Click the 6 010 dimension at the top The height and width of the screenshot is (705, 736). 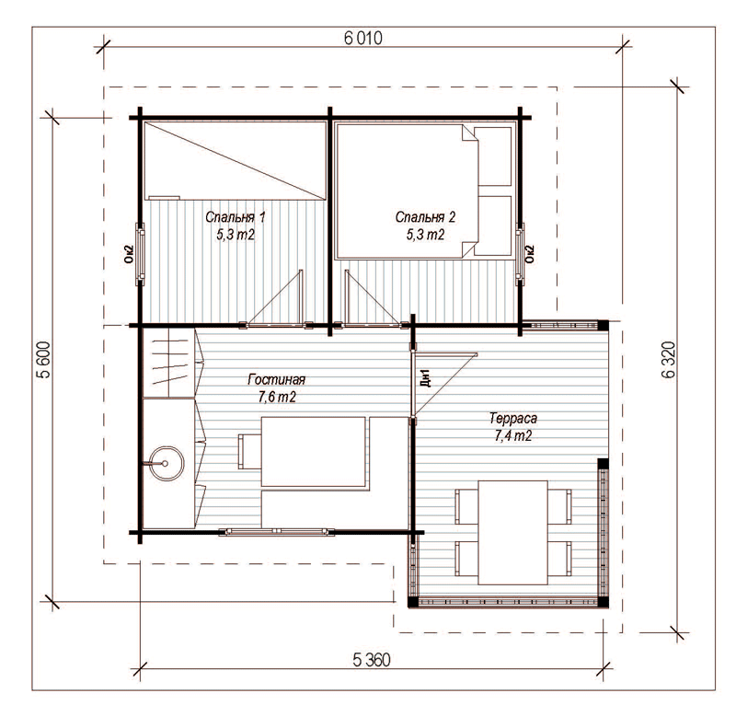tap(362, 38)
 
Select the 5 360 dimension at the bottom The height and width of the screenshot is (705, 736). tap(372, 660)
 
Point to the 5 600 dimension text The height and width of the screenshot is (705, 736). tap(44, 359)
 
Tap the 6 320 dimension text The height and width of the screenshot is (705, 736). tap(669, 359)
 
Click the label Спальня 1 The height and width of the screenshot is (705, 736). tap(236, 217)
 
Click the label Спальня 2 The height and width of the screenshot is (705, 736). tap(425, 217)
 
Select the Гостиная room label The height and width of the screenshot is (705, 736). tap(277, 379)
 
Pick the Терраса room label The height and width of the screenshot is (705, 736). tap(513, 418)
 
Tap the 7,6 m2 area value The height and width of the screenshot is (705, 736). tap(277, 398)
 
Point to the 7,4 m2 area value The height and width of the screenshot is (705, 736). tap(513, 436)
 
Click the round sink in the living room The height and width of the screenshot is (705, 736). tap(166, 464)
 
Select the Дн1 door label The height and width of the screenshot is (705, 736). tap(426, 378)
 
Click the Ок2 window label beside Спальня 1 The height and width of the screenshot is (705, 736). tap(130, 254)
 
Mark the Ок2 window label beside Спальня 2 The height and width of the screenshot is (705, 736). tap(530, 254)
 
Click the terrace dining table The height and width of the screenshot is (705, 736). tap(512, 532)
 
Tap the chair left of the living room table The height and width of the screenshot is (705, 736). tap(249, 451)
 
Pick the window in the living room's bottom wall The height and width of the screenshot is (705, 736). tap(277, 532)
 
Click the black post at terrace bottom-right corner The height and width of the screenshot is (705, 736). tap(603, 603)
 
